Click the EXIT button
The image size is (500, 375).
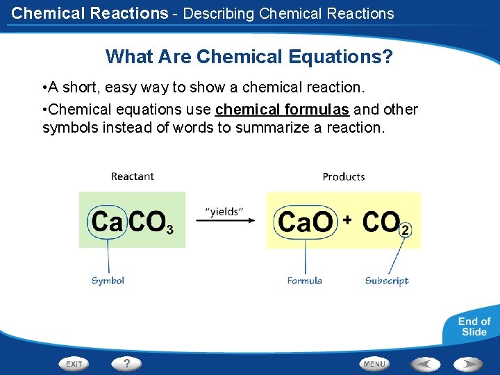tap(74, 363)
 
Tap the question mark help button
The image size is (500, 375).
tap(126, 362)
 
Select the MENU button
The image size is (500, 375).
tap(374, 363)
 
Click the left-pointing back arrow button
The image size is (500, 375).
tap(425, 363)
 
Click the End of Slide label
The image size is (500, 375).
tap(474, 326)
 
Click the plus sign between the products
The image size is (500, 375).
tap(347, 219)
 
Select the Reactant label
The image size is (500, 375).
tap(132, 176)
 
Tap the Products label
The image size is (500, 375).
tap(344, 176)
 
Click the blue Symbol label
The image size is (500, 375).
tap(108, 281)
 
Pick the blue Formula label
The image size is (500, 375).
tap(305, 281)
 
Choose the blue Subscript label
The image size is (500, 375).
tap(387, 281)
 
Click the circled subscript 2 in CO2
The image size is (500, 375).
tap(406, 229)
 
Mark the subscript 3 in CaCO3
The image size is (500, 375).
tap(169, 228)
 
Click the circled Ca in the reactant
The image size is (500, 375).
tap(107, 222)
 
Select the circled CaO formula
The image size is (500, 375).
tap(305, 222)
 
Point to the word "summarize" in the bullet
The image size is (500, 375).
tap(269, 128)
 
